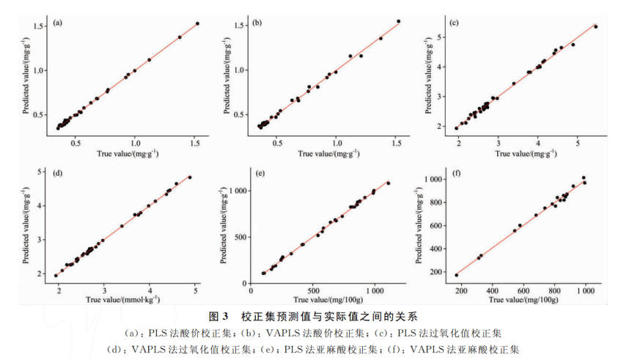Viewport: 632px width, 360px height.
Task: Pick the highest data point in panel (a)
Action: [197, 23]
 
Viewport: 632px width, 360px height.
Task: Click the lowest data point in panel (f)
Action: [456, 275]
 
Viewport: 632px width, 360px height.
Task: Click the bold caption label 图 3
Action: [220, 317]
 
